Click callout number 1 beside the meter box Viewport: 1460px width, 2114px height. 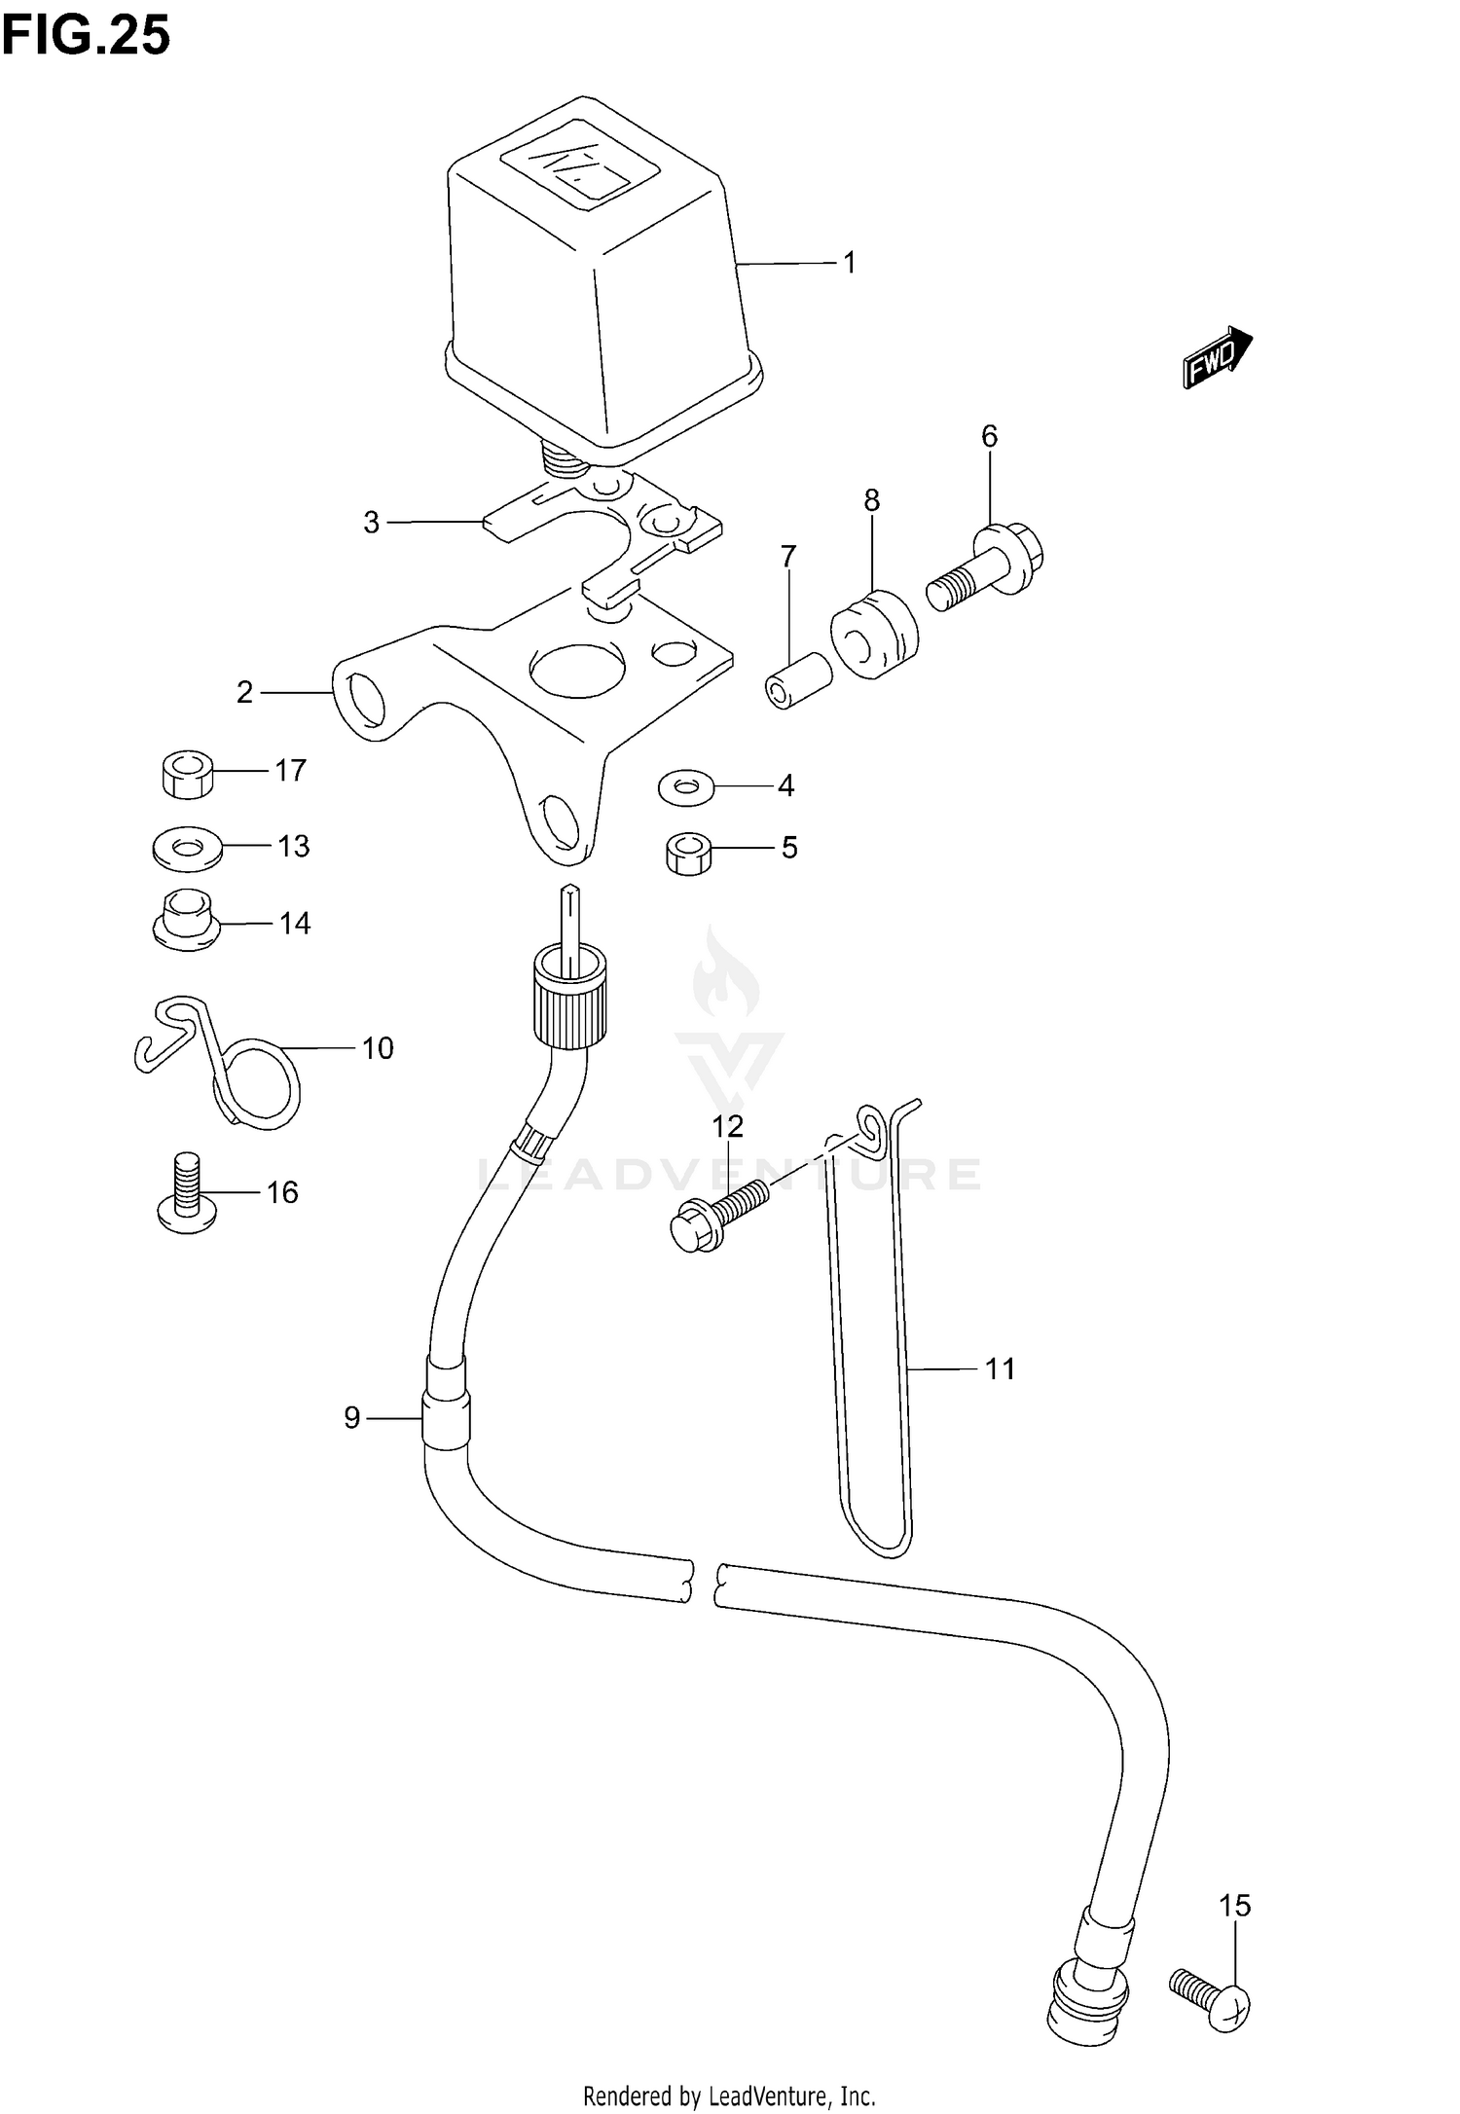pyautogui.click(x=849, y=263)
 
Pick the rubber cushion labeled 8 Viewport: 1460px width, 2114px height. pyautogui.click(x=874, y=633)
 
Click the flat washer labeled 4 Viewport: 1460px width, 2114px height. pyautogui.click(x=685, y=785)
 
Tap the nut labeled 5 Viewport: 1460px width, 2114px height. pyautogui.click(x=688, y=854)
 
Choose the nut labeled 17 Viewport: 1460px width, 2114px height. pyautogui.click(x=186, y=773)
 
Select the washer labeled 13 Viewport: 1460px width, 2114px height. pyautogui.click(x=186, y=847)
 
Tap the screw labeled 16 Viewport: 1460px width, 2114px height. pyautogui.click(x=188, y=1194)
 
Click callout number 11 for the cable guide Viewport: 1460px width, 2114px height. pyautogui.click(x=1001, y=1368)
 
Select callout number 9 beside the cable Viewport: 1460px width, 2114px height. pyautogui.click(x=352, y=1418)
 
